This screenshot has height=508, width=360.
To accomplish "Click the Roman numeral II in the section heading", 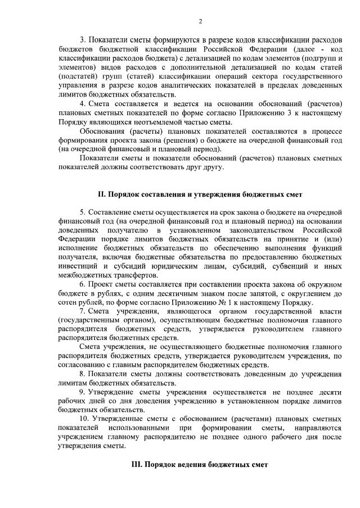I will pos(101,194).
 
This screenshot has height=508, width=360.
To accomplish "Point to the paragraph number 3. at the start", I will pos(82,40).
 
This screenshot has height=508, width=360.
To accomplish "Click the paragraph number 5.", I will pos(82,212).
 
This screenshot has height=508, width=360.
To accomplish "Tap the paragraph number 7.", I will pos(82,310).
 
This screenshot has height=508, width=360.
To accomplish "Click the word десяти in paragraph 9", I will pos(329,392).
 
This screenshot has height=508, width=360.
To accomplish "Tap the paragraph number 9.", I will pos(82,392).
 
